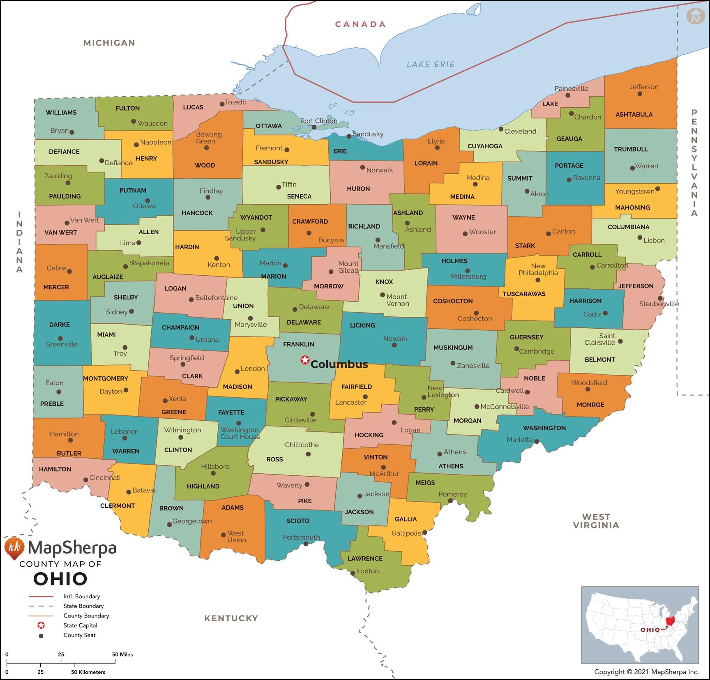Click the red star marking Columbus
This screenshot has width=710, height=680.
click(x=305, y=360)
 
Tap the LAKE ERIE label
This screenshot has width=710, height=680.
click(x=431, y=65)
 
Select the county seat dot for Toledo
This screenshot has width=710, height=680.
click(x=222, y=104)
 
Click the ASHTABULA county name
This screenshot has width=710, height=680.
click(x=634, y=115)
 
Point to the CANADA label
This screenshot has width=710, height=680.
click(x=360, y=24)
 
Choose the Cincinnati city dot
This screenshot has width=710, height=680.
click(x=85, y=479)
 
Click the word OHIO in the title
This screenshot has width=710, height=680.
click(x=60, y=579)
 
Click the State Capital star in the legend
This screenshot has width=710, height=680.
click(x=41, y=625)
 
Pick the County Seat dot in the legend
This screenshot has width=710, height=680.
click(x=41, y=636)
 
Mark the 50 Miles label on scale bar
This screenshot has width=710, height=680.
click(x=122, y=655)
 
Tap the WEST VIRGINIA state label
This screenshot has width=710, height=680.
click(x=596, y=521)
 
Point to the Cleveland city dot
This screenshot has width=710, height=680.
click(x=501, y=129)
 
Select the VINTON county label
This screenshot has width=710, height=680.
click(x=375, y=457)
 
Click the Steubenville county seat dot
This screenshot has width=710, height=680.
click(x=660, y=298)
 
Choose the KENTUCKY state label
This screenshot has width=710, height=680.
click(x=231, y=618)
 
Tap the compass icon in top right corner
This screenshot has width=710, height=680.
click(x=695, y=16)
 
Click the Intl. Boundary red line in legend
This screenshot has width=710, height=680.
click(x=41, y=596)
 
